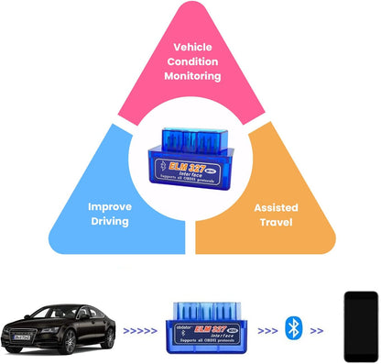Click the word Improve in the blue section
coord(109,206)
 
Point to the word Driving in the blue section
coord(109,222)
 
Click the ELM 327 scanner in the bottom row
coord(207,326)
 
